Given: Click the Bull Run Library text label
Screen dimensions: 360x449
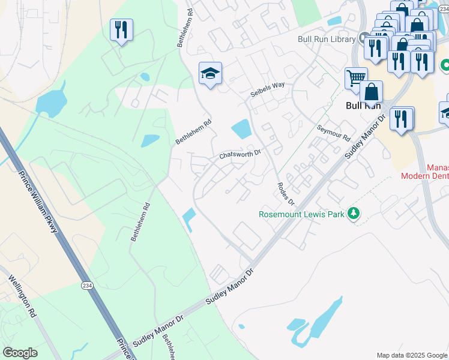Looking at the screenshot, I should coord(327,40).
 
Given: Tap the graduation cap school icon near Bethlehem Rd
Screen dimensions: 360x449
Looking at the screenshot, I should coord(210,74).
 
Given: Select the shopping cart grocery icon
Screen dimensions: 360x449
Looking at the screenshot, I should coord(355,78).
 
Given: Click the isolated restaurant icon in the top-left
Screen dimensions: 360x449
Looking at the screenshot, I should coord(121,30).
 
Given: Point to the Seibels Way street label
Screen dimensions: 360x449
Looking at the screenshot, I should coord(267,90).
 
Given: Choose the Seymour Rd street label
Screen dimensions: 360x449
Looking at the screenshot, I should coord(333,133).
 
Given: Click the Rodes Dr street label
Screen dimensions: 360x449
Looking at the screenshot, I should coord(284,193).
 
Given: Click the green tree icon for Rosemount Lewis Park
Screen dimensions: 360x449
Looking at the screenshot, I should coord(354,213).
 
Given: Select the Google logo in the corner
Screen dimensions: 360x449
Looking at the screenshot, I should coord(20,353).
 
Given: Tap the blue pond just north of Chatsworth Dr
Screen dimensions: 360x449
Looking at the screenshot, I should coord(241,128).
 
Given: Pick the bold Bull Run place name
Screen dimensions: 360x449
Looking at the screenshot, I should coord(364,105).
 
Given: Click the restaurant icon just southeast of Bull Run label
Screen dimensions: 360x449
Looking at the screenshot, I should coord(401,119).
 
